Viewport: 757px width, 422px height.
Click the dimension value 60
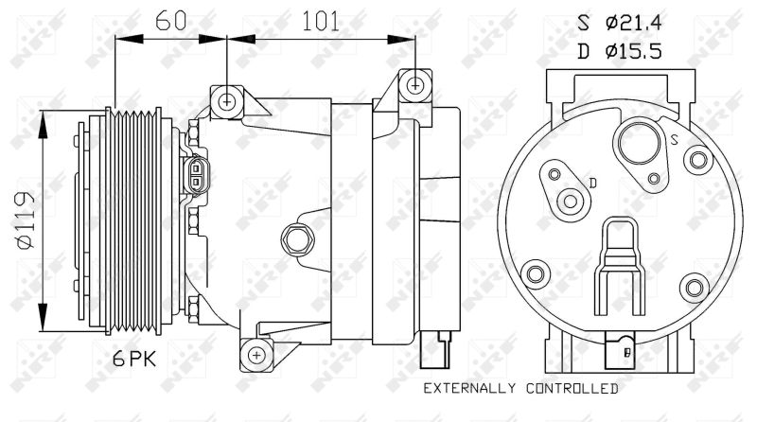pos(171,21)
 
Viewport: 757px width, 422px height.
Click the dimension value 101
pos(321,21)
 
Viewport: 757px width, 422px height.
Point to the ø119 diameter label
pos(26,220)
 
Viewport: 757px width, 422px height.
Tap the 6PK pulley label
pos(134,359)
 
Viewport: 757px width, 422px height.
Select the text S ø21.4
pos(620,22)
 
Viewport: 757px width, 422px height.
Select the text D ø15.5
pos(620,51)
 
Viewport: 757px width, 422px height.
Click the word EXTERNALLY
pos(468,388)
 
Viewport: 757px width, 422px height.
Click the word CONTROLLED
pos(572,388)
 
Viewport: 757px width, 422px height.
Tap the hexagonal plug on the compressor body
pos(296,239)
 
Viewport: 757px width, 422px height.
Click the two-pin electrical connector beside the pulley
pos(196,175)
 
